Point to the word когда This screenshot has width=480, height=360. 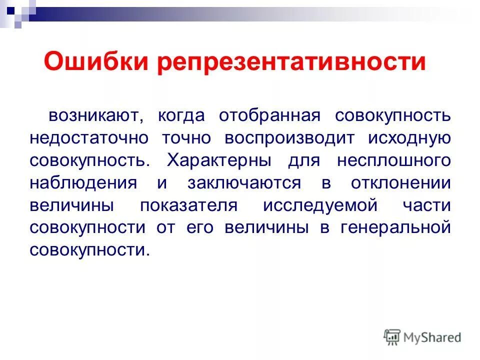(181, 116)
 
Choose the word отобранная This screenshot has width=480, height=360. (269, 116)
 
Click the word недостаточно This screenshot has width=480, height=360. (88, 138)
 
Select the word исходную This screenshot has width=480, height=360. (410, 138)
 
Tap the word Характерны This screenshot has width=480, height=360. (219, 161)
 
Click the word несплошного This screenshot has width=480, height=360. (394, 161)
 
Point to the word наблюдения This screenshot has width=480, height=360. (83, 183)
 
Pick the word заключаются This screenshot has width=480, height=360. (244, 183)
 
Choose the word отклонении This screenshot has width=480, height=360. (394, 183)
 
